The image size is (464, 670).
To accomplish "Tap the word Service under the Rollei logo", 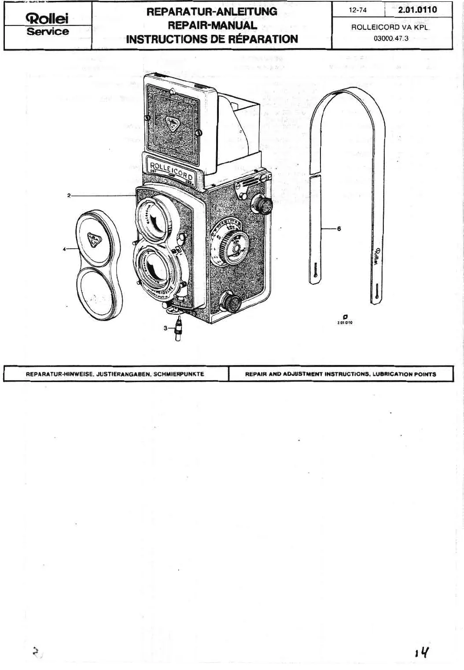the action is coord(48,32).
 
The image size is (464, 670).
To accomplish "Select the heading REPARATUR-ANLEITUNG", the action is coord(211,11).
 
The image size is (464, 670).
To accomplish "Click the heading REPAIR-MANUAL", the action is coord(211,25).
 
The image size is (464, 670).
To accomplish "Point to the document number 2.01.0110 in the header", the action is coord(417,9).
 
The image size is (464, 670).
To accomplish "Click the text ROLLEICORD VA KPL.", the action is coord(390,27).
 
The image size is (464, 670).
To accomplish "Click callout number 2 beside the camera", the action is coord(69,195).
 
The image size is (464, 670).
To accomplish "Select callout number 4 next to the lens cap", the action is coord(64,249).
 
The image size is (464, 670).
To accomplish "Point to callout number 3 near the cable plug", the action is coord(165,328).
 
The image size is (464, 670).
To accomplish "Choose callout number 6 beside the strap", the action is coord(339,228).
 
